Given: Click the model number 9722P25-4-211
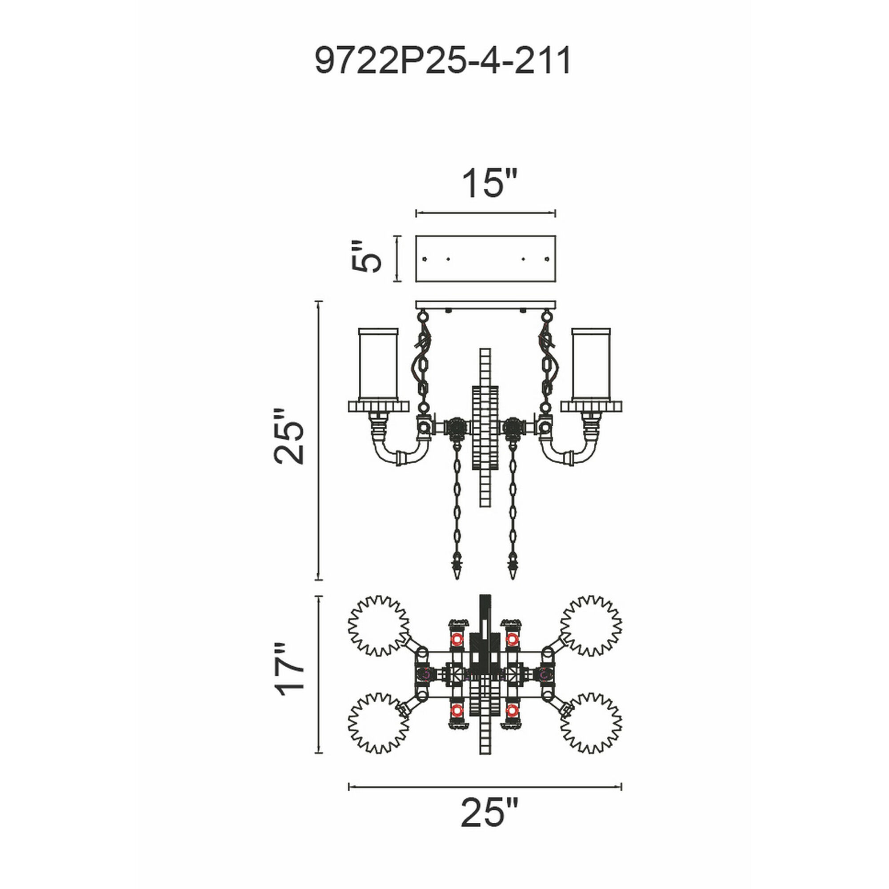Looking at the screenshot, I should coord(443,60).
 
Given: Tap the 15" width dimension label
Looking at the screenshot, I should coord(489,184).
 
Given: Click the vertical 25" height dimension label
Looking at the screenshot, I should coord(289,436).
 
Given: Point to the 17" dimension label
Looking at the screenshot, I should coord(290,675).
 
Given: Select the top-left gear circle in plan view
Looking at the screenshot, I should coord(378,626).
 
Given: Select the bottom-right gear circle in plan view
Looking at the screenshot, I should coord(591,723).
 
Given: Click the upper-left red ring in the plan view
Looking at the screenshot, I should coord(457,639).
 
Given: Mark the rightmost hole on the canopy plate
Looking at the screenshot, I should coord(547,259).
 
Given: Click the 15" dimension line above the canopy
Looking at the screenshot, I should coord(485,213).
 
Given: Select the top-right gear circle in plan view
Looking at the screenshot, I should coord(591,626).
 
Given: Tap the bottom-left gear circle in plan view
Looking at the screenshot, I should coord(378,723).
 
